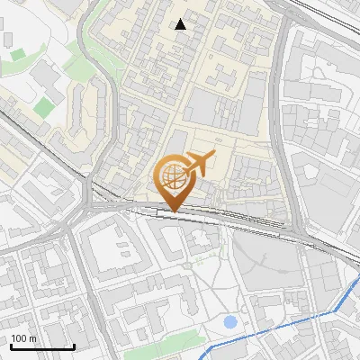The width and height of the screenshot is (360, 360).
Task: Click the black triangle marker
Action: click(x=181, y=24)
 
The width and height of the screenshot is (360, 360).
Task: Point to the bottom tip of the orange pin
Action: click(x=173, y=211)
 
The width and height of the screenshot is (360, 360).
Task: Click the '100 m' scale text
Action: click(x=24, y=338)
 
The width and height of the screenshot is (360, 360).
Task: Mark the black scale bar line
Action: click(x=42, y=346)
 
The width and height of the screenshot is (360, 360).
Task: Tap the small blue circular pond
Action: click(x=230, y=321)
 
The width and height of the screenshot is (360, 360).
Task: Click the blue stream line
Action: click(x=270, y=333)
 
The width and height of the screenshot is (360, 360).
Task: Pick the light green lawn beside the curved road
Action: click(x=44, y=108)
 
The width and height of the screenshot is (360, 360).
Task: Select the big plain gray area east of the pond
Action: click(x=270, y=261)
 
